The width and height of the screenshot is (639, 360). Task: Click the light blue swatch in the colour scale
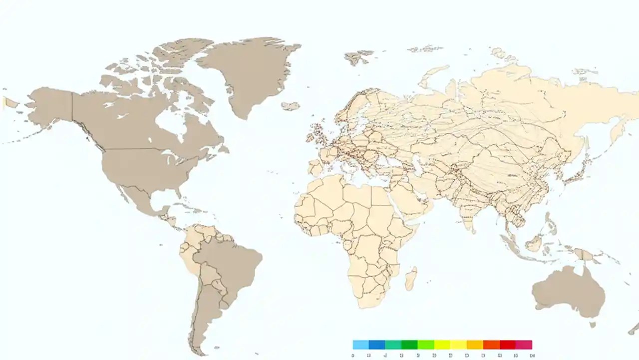pyautogui.click(x=360, y=344)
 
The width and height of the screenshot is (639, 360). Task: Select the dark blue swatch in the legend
pyautogui.click(x=377, y=344)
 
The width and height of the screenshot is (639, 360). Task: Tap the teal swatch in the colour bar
pyautogui.click(x=393, y=344)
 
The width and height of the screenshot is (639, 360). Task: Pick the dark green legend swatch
pyautogui.click(x=409, y=344)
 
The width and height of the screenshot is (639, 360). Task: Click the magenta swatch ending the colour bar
pyautogui.click(x=524, y=344)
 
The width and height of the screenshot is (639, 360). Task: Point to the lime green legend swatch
pyautogui.click(x=426, y=344)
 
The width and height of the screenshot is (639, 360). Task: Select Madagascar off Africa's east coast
pyautogui.click(x=411, y=278)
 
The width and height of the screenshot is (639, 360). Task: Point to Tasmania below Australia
pyautogui.click(x=593, y=324)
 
